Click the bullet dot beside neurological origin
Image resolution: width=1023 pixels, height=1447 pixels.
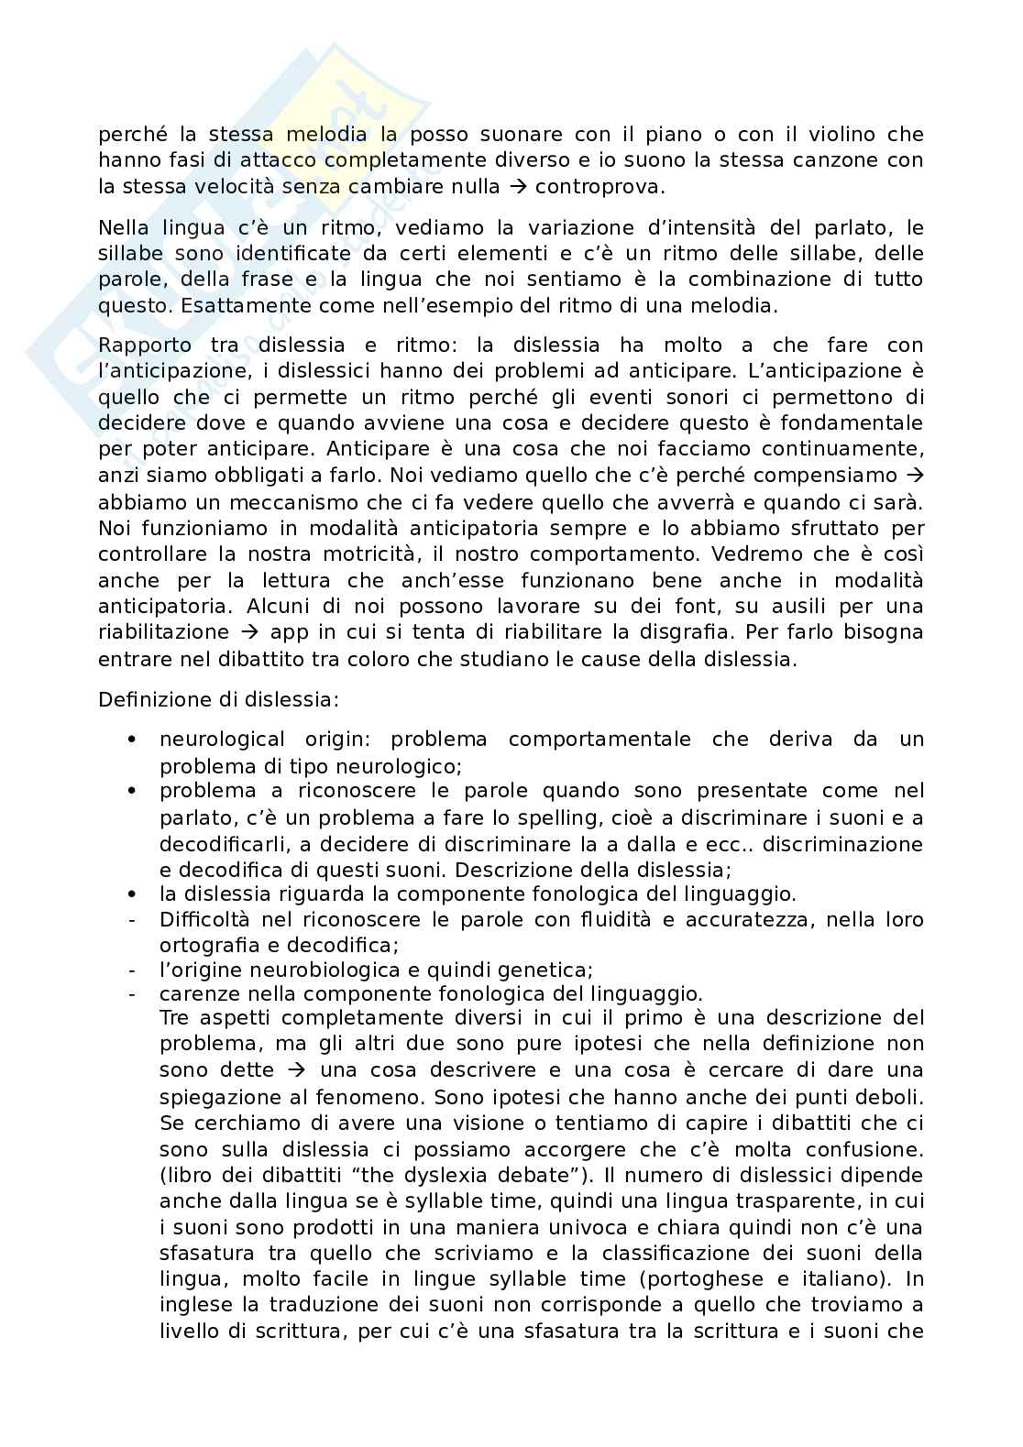pos(132,740)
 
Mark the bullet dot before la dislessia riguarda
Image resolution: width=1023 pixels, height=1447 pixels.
pos(132,893)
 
